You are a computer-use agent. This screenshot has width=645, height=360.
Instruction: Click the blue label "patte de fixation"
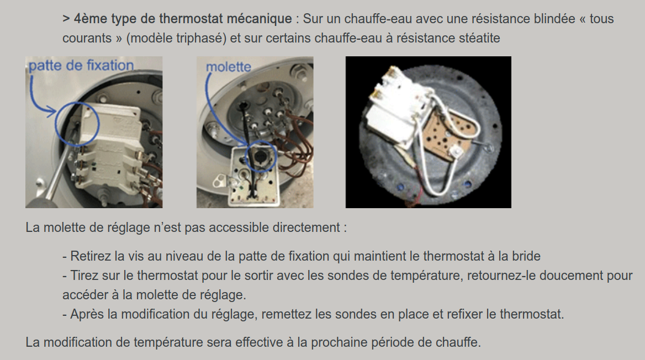[81, 65]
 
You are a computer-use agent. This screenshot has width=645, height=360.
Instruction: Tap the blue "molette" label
[228, 67]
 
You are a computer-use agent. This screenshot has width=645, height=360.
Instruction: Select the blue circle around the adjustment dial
[261, 156]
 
